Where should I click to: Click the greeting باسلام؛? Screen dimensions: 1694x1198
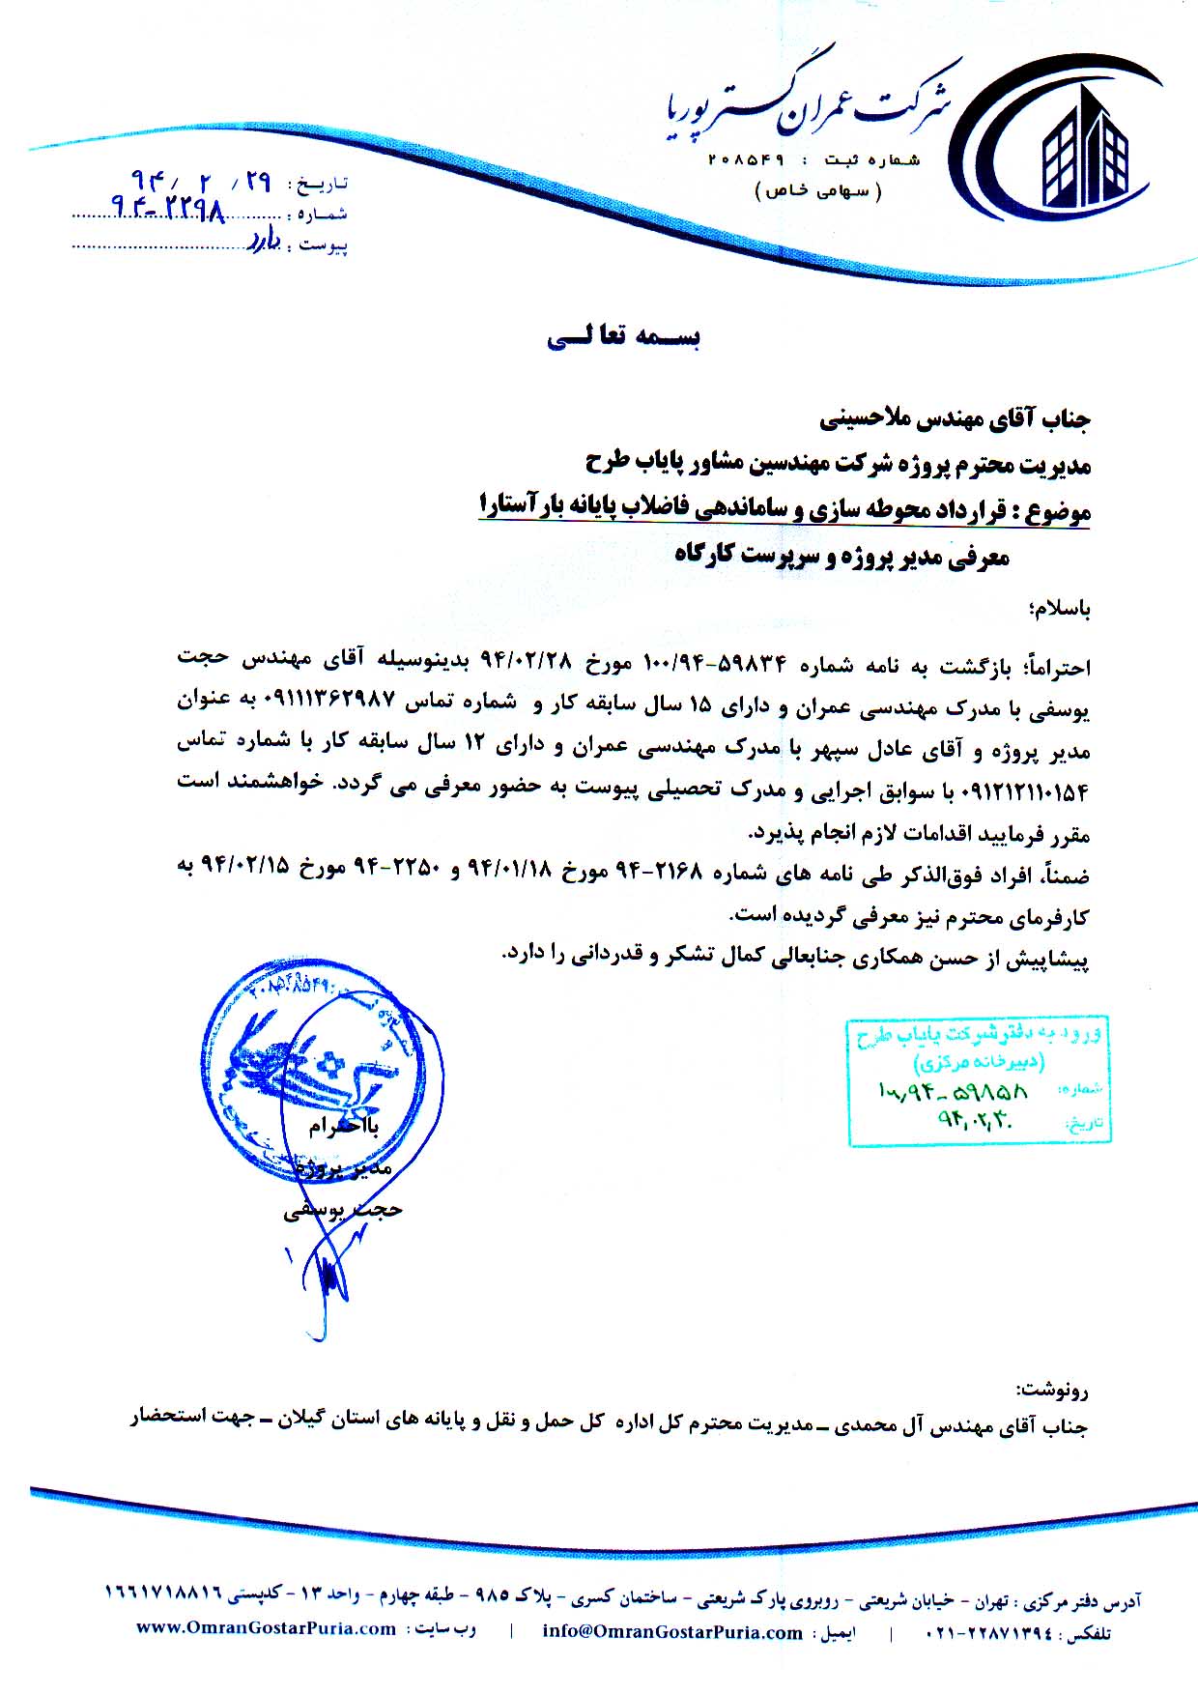coord(1061,610)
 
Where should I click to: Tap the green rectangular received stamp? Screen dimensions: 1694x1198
coord(979,1079)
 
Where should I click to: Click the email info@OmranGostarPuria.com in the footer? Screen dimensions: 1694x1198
coord(672,1632)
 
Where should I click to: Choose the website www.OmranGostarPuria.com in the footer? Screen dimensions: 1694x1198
coord(267,1628)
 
